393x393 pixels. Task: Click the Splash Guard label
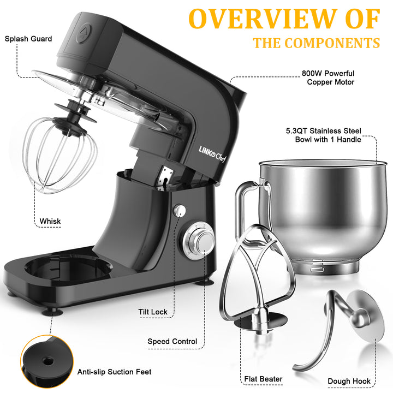tap(28, 39)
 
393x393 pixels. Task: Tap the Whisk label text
tap(50, 221)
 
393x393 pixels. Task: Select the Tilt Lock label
tap(153, 312)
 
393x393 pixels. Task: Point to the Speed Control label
tap(172, 341)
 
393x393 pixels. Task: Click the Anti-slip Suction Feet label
tap(114, 372)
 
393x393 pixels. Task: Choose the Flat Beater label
tap(264, 379)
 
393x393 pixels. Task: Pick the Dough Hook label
tap(349, 381)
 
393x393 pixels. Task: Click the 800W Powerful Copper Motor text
tap(329, 78)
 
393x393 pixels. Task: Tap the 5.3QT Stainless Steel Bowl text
tap(324, 135)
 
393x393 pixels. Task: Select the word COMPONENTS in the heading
tap(332, 43)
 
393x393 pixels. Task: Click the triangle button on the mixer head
tap(84, 33)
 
